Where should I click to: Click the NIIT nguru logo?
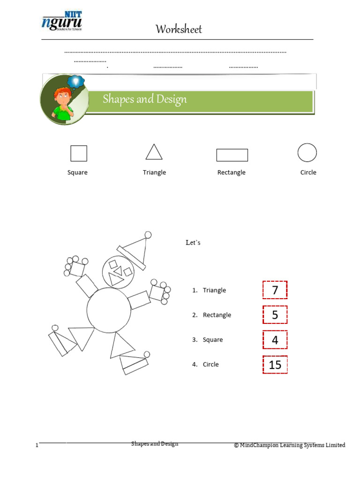coord(62,22)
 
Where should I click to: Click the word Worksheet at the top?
coord(179,30)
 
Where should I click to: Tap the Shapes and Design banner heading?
coord(145,99)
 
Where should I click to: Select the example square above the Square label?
coord(79,153)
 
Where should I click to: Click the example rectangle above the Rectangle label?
coord(232,155)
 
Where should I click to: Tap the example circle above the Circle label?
coord(307,153)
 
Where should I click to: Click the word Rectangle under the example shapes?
coord(231,172)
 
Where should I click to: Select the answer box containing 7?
coord(275,290)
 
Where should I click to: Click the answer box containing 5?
coord(275,315)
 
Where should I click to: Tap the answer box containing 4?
coord(275,340)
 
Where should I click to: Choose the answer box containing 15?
coord(275,364)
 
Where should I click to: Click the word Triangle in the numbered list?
coord(214,291)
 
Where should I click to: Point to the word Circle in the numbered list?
coord(210,365)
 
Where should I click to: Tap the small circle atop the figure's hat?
coord(148,234)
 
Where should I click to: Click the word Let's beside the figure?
coord(193,243)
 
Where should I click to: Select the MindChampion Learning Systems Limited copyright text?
coord(290,445)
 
